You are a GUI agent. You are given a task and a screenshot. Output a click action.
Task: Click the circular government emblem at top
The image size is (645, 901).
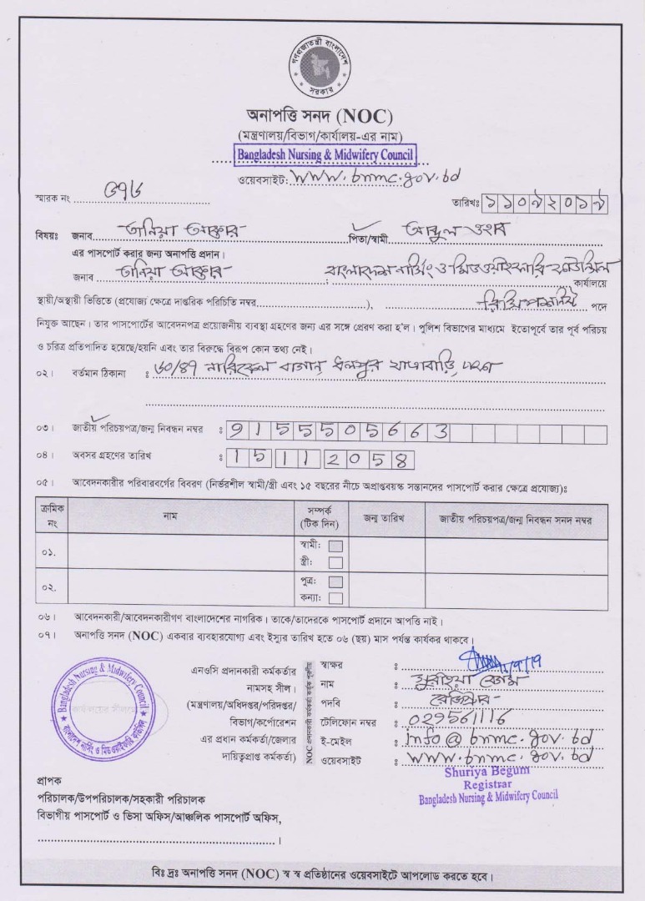click(x=322, y=68)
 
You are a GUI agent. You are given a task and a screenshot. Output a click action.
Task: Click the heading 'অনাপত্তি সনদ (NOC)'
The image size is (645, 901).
click(x=320, y=115)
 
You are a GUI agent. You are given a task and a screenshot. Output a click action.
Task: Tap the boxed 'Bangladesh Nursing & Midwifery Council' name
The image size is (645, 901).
click(x=324, y=154)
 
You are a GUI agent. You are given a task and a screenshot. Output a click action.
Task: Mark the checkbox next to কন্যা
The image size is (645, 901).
click(x=335, y=597)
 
